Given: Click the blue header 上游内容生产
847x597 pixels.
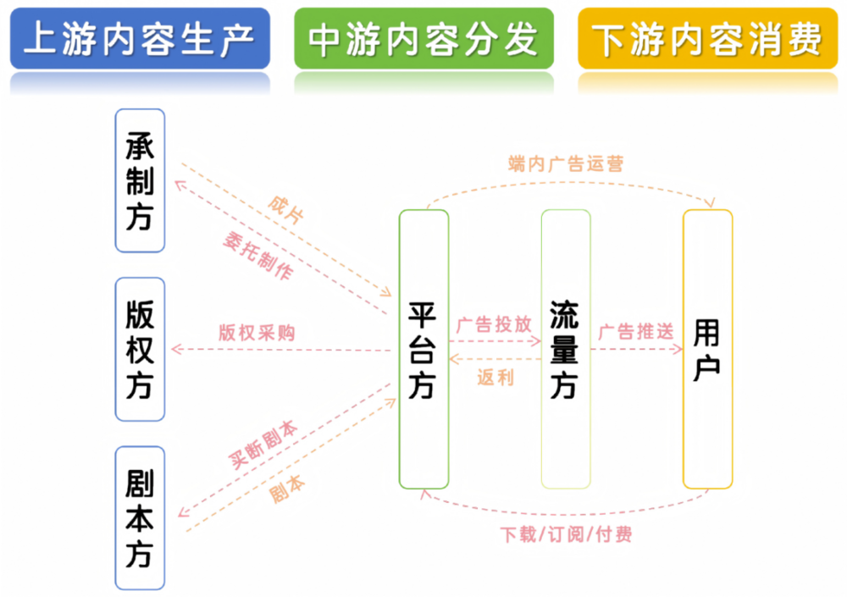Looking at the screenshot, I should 140,39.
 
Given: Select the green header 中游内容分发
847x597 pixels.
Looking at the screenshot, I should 423,39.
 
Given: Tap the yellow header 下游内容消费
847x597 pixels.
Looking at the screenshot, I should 707,39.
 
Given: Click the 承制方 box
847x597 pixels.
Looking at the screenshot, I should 140,180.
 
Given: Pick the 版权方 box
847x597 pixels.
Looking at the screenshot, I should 140,349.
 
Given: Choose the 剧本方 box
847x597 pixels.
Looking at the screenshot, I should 140,518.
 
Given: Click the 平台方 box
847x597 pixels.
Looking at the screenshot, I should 423,349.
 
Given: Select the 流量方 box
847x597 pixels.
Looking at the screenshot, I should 565,349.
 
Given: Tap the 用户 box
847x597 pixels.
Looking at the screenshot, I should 707,349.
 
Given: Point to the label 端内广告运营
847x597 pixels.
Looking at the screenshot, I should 566,163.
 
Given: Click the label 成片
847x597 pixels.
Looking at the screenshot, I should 285,210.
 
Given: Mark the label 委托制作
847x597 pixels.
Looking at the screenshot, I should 257,257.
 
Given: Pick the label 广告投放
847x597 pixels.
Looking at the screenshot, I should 494,324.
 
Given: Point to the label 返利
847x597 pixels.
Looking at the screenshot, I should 495,378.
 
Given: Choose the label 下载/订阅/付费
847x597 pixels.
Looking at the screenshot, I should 566,534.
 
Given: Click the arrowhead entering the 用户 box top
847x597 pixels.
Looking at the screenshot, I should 710,202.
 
